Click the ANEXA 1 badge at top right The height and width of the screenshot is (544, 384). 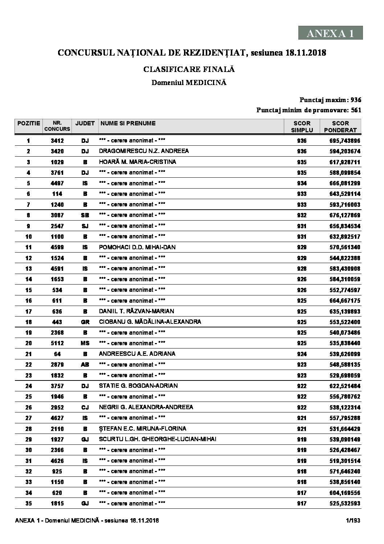(x=330, y=33)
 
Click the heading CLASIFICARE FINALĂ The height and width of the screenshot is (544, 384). (x=189, y=69)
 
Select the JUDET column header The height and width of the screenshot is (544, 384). (x=85, y=124)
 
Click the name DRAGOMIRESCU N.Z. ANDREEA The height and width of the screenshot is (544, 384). (x=144, y=151)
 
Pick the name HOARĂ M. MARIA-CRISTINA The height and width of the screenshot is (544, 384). (x=137, y=162)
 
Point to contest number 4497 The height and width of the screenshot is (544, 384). (x=57, y=183)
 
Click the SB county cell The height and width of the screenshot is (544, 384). (x=85, y=215)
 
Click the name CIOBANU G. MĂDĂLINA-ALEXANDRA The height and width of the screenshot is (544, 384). (x=150, y=322)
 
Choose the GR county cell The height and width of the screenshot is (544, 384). (x=85, y=322)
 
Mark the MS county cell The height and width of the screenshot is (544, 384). (x=85, y=343)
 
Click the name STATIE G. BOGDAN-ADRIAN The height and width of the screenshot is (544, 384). (x=138, y=386)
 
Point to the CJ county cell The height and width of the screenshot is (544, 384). (x=85, y=407)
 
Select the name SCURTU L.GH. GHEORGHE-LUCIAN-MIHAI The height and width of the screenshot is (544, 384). (x=158, y=439)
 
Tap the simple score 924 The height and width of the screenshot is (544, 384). (x=302, y=354)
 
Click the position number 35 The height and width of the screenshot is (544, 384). (x=28, y=503)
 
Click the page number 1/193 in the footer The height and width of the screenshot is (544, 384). (x=353, y=521)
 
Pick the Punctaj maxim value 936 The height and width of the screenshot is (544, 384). (x=356, y=100)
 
